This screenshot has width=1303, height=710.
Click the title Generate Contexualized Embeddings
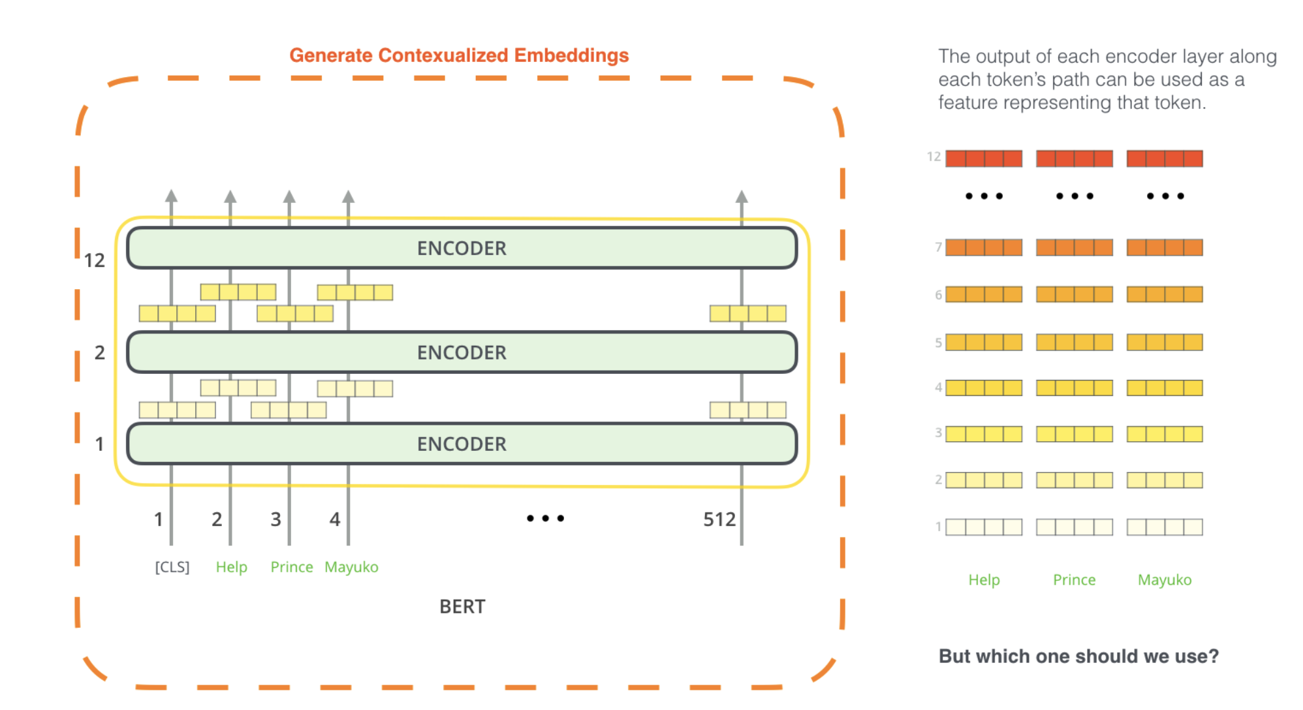[x=459, y=55]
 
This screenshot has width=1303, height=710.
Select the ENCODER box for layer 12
[x=462, y=248]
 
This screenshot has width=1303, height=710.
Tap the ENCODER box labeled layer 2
[x=462, y=352]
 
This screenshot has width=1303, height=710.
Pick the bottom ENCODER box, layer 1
[x=462, y=444]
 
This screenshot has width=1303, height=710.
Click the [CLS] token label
[x=172, y=567]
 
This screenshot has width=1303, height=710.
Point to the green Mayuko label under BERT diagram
[x=351, y=567]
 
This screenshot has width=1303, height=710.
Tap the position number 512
[x=719, y=519]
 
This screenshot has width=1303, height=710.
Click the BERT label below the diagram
[x=462, y=607]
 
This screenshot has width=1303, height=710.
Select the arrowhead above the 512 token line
[x=742, y=196]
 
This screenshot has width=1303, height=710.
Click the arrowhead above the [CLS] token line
[x=171, y=196]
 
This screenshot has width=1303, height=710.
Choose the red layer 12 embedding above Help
[x=984, y=159]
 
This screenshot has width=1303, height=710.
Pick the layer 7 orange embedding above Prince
[x=1074, y=247]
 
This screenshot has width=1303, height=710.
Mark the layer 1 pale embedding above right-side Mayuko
[x=1165, y=527]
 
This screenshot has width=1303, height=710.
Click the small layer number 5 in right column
[x=938, y=343]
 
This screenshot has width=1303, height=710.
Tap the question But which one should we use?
[x=1078, y=656]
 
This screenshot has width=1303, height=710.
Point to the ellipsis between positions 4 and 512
[x=545, y=518]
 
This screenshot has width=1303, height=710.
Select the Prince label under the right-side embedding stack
[x=1074, y=579]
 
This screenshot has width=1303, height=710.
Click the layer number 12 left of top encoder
[x=95, y=261]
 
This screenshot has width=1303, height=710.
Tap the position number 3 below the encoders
[x=276, y=519]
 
